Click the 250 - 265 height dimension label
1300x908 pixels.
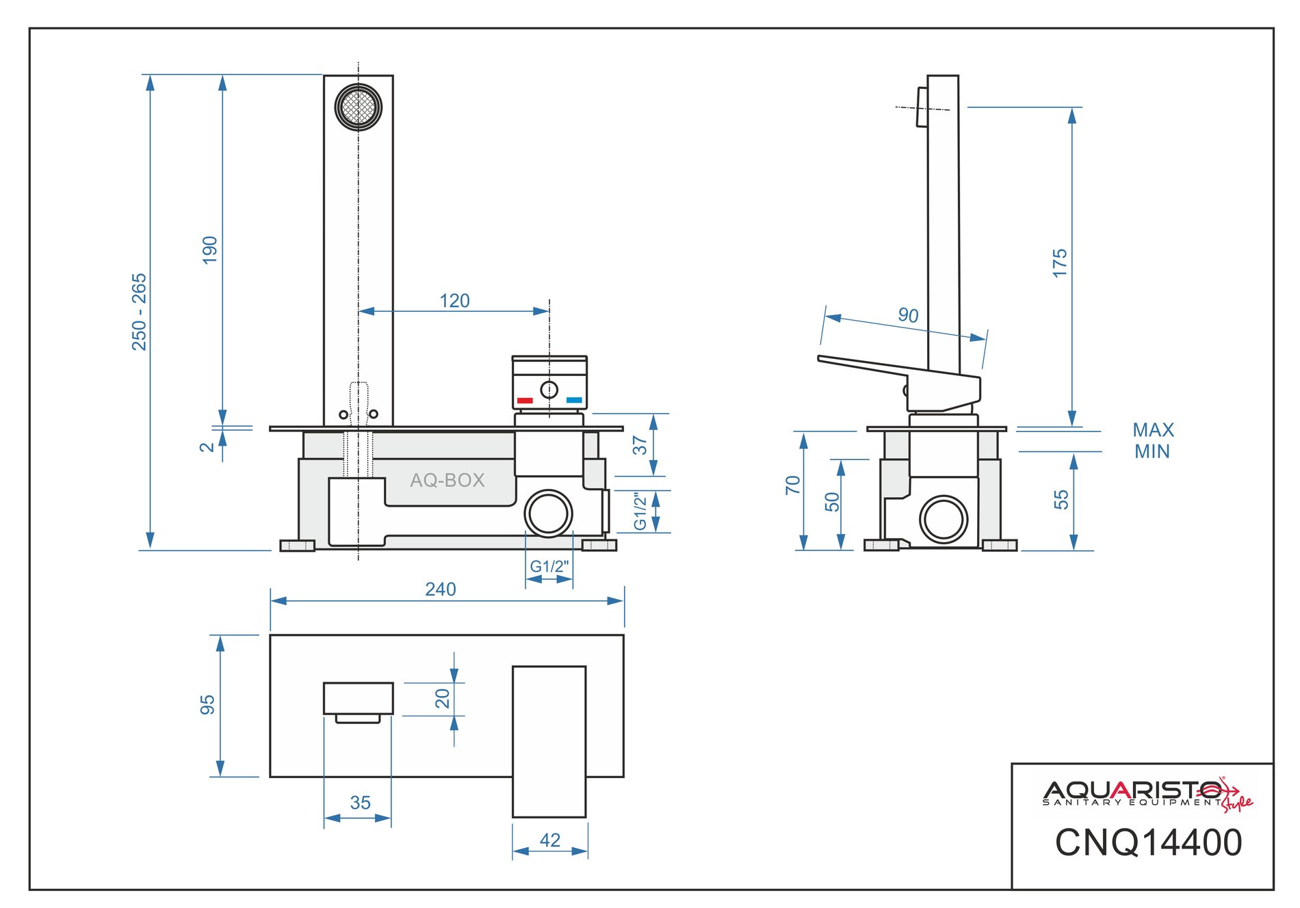(x=140, y=312)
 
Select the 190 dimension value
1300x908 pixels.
(x=210, y=250)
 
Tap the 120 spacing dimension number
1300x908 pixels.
(x=454, y=301)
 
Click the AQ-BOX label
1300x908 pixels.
(x=447, y=480)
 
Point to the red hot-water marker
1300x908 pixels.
(x=525, y=400)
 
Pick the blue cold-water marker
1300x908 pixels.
(x=574, y=400)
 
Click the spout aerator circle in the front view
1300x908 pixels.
(x=359, y=107)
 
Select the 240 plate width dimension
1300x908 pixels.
(x=440, y=589)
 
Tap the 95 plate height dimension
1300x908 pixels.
(x=207, y=705)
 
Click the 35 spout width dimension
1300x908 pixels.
(x=360, y=803)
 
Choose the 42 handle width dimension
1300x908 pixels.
(x=550, y=840)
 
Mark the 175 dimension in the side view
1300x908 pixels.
(x=1060, y=263)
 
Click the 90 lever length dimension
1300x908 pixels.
(x=908, y=315)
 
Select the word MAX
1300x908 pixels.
(x=1153, y=430)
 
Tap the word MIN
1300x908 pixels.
(x=1152, y=451)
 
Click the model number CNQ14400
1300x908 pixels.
(x=1148, y=842)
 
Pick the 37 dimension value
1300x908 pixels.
(x=640, y=445)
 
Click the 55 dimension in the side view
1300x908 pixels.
(x=1061, y=500)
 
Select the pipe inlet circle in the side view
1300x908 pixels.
(x=944, y=520)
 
